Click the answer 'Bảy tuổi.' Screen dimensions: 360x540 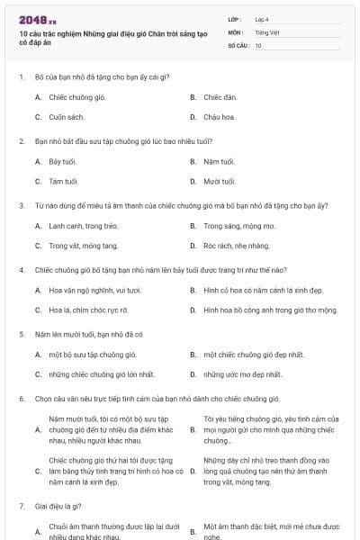(63, 161)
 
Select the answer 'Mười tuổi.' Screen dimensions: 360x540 (219, 181)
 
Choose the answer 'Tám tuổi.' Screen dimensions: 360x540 (64, 181)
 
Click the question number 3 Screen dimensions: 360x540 (21, 205)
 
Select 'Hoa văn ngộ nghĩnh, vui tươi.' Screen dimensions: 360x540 (94, 290)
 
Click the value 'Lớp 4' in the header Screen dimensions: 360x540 (262, 19)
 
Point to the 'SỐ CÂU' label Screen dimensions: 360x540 (238, 44)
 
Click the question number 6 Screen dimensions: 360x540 (21, 398)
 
